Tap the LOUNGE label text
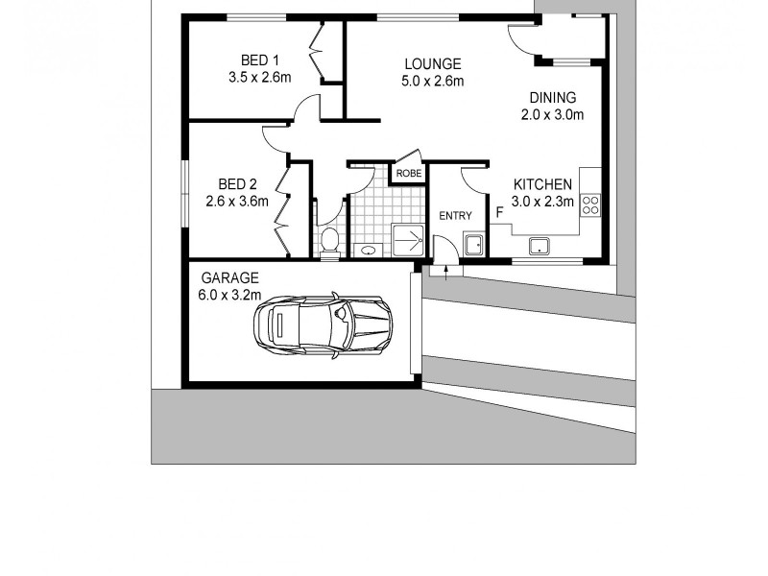tap(432, 64)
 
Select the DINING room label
tap(552, 97)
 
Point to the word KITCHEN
tap(542, 184)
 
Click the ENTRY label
tap(455, 216)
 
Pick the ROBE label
tap(408, 174)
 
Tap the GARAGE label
tap(222, 278)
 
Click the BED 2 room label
tap(237, 184)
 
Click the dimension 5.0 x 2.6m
tap(432, 82)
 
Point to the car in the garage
tap(322, 323)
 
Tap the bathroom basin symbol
tap(368, 251)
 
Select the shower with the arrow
tap(408, 239)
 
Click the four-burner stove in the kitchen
tap(590, 204)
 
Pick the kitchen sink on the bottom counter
tap(540, 246)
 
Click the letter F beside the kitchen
tap(499, 211)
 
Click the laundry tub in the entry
tap(474, 243)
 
